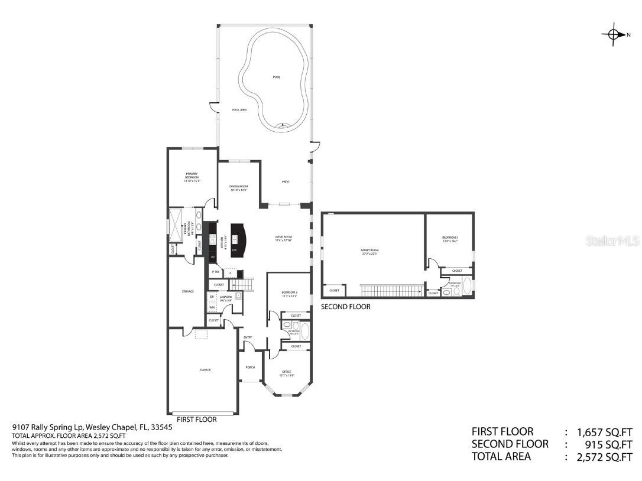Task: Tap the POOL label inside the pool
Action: pyautogui.click(x=276, y=77)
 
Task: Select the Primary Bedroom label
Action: pyautogui.click(x=191, y=175)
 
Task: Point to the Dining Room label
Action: pyautogui.click(x=238, y=188)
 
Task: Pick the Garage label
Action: pyautogui.click(x=205, y=370)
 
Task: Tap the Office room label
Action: pyautogui.click(x=286, y=373)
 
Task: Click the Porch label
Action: pyautogui.click(x=250, y=367)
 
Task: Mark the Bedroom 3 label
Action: pyautogui.click(x=450, y=239)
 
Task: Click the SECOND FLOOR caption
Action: pyautogui.click(x=345, y=307)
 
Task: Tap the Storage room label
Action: pyautogui.click(x=188, y=291)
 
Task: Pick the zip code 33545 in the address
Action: pyautogui.click(x=161, y=427)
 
